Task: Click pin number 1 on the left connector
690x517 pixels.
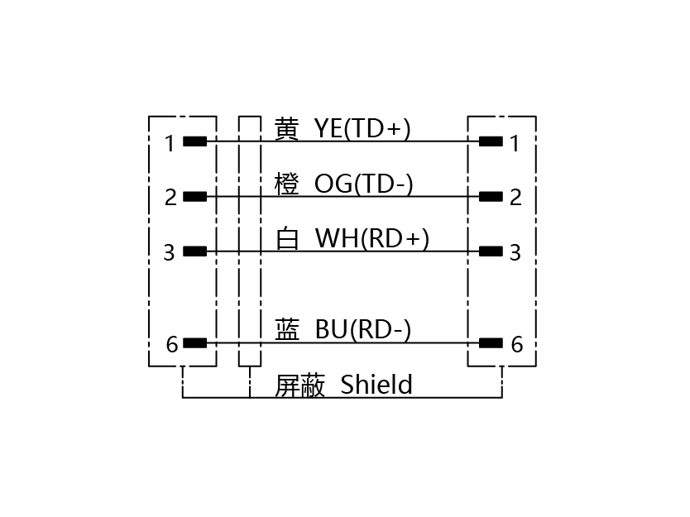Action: tap(170, 143)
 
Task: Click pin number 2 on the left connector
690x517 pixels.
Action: tap(170, 198)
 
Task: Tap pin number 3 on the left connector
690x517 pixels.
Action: tap(170, 252)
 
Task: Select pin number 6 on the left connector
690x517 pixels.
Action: tap(172, 344)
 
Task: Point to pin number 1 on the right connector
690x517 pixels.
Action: tap(515, 143)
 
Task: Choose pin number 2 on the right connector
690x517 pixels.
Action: tap(515, 198)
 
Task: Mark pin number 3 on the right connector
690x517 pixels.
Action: tap(515, 252)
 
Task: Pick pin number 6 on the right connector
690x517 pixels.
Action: tap(517, 344)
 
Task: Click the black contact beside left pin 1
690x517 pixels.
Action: tap(195, 141)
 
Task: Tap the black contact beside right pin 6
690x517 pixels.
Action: tap(491, 342)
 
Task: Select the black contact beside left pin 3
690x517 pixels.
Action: tap(195, 251)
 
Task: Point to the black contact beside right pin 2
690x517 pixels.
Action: tap(491, 196)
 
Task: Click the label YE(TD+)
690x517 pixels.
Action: tap(362, 128)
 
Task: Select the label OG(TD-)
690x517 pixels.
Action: tap(363, 184)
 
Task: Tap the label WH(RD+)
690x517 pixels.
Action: tap(371, 238)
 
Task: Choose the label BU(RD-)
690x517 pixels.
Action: tap(363, 329)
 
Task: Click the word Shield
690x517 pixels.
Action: tap(376, 384)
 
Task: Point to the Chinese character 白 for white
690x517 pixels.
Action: tap(287, 238)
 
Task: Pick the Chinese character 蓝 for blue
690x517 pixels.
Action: tap(287, 329)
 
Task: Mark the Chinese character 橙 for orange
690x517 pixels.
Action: tap(287, 184)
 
